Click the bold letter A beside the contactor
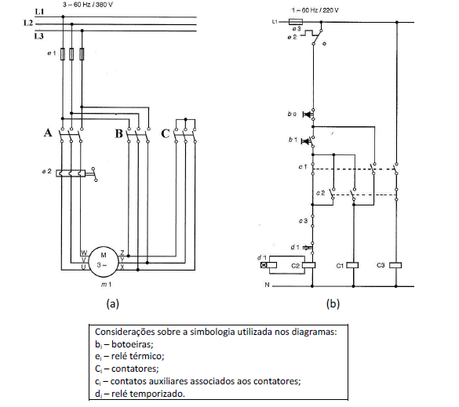tap(48, 133)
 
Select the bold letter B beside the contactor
tap(118, 134)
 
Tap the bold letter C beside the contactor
tap(166, 134)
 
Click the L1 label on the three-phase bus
tap(39, 12)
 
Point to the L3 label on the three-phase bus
tap(38, 36)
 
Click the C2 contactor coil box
tap(308, 265)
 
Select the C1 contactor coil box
tap(352, 265)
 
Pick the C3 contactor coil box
tap(395, 265)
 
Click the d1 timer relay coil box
tap(268, 265)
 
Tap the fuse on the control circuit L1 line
tap(296, 22)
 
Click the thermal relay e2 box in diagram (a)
tap(71, 173)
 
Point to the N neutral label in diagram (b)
tap(267, 285)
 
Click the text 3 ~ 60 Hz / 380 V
tap(88, 5)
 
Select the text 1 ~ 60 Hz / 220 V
tap(315, 10)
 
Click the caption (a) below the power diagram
tap(113, 303)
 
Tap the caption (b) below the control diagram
tap(333, 303)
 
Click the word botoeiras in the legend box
tap(133, 344)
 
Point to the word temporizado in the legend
tap(157, 394)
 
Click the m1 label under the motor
tap(106, 285)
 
